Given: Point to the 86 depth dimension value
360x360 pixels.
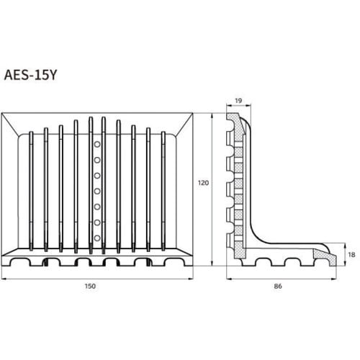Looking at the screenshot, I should tap(278, 287).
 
